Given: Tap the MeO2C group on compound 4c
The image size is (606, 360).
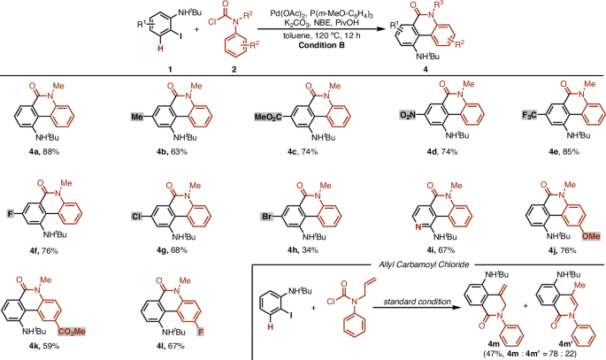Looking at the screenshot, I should click(257, 114).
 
